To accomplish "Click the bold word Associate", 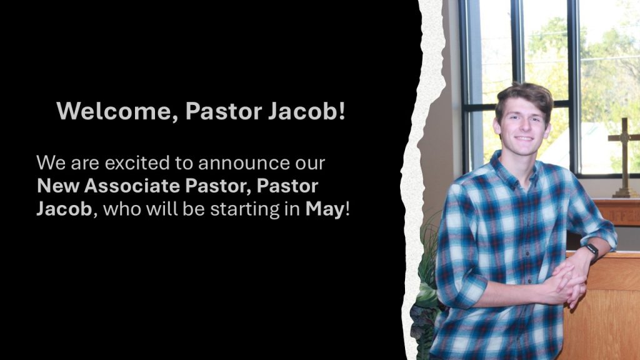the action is [132, 186].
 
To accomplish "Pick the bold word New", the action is [58, 186].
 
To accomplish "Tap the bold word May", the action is [325, 210].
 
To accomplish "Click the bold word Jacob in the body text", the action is [64, 209].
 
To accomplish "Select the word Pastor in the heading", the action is [224, 111].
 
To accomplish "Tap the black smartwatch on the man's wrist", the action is [592, 251].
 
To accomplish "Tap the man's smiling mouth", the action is [524, 138].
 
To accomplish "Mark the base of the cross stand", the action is [624, 192].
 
